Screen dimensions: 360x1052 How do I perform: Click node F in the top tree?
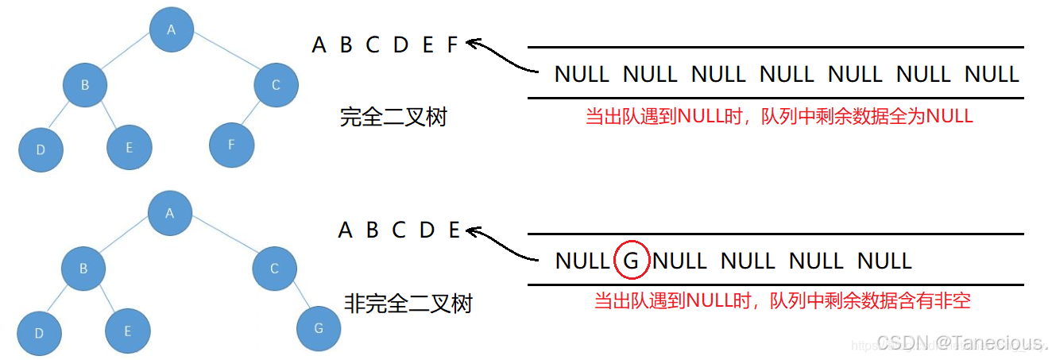[231, 145]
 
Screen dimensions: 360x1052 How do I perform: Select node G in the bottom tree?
[319, 327]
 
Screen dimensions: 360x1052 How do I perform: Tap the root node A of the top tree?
[172, 29]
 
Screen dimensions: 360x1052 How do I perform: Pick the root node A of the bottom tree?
[170, 212]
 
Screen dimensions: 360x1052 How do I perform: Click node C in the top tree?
[276, 84]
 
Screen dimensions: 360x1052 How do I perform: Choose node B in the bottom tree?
[83, 269]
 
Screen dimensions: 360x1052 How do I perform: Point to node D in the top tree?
[41, 148]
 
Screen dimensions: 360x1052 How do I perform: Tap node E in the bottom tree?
[128, 331]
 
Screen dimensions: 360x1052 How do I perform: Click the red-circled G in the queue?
[632, 261]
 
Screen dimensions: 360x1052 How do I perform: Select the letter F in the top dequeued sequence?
[452, 45]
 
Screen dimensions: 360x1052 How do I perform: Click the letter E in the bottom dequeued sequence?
[454, 230]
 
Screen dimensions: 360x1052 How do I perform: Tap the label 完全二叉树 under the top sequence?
[393, 118]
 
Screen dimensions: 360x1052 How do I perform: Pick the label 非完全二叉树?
[408, 303]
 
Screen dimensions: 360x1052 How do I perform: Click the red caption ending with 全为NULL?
[779, 116]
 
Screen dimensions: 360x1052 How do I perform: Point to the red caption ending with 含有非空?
[782, 301]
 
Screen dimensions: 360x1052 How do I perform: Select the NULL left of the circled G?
[582, 261]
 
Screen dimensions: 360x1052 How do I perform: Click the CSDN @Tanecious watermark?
[977, 343]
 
